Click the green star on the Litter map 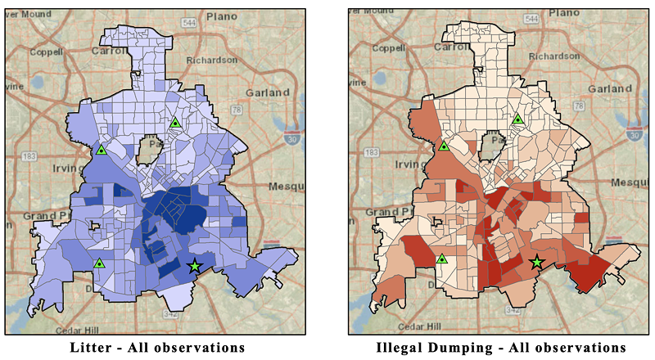point(194,266)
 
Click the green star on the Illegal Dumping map point(537,262)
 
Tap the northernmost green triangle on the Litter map point(175,123)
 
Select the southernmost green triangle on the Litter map point(99,263)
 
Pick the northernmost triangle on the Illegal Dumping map point(517,119)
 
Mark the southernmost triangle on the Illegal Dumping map point(442,259)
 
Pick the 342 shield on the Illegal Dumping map point(513,311)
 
